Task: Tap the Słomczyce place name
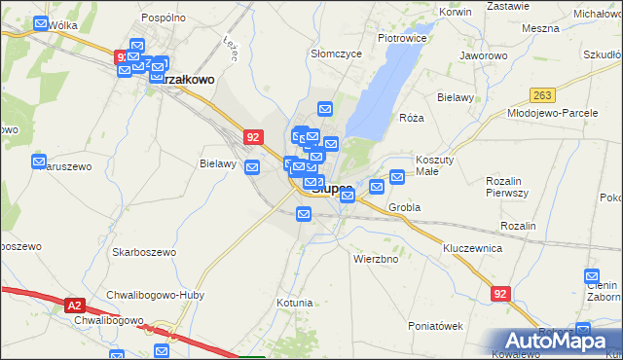tap(329, 54)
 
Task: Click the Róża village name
tap(412, 118)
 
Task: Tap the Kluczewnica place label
tap(471, 248)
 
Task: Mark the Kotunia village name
tap(294, 303)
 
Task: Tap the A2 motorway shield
tap(77, 306)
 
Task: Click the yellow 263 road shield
tap(542, 94)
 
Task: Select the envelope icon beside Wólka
tap(40, 25)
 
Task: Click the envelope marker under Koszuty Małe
tap(397, 177)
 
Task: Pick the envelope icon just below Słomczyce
tap(325, 109)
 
